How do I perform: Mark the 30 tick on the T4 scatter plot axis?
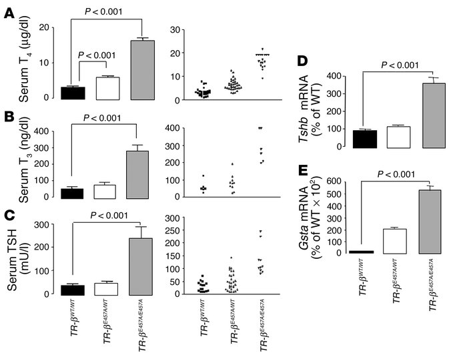coord(175,29)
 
